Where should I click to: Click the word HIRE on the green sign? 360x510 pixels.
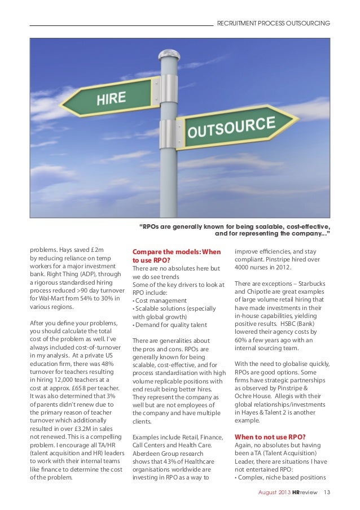pyautogui.click(x=111, y=99)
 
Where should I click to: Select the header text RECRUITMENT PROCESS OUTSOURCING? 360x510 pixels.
pyautogui.click(x=273, y=23)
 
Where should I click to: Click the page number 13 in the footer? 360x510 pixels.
pyautogui.click(x=326, y=493)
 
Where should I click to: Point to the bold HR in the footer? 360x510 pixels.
pyautogui.click(x=296, y=493)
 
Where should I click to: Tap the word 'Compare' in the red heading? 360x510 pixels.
pyautogui.click(x=148, y=252)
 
